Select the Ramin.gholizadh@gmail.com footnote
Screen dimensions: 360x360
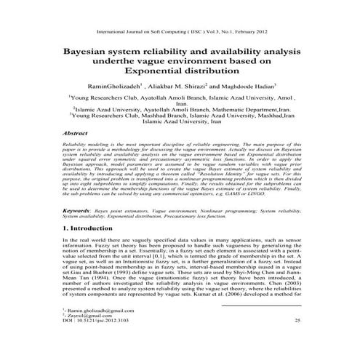coord(102,329)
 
